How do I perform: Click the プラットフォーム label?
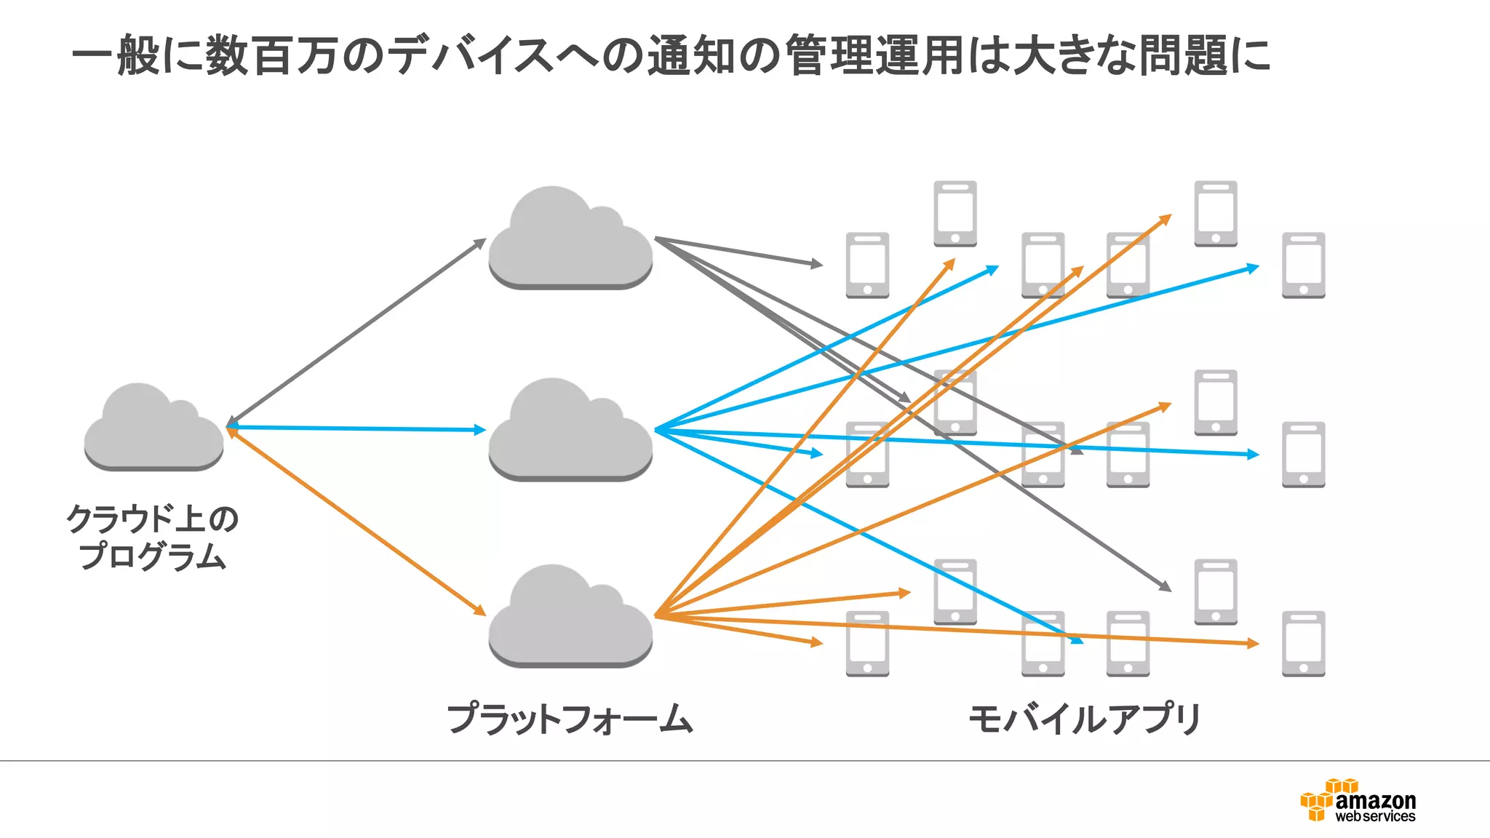[570, 719]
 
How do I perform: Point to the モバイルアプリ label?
[1084, 719]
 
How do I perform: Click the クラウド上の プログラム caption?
[153, 537]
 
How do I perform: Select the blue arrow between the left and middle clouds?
[356, 428]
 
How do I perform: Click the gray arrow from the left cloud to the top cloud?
[356, 332]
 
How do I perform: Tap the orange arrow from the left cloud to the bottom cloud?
[356, 521]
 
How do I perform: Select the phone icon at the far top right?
[1303, 265]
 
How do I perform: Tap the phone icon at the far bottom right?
[1303, 644]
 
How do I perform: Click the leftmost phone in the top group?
[867, 265]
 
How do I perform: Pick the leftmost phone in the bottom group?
[867, 644]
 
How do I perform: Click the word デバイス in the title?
[471, 55]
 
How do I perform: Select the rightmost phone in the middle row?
[1303, 455]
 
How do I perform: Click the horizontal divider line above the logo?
[745, 761]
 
